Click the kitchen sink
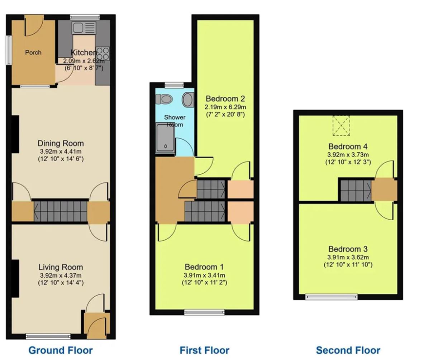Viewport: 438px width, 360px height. tap(84, 28)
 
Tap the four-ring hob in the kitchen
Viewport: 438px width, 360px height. tap(103, 54)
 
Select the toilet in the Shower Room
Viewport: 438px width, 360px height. tap(164, 99)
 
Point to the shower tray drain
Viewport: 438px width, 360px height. tap(166, 147)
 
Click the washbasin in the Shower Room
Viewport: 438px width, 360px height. tap(188, 100)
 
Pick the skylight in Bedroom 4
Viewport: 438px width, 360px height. tap(341, 126)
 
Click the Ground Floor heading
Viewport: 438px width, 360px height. tap(61, 350)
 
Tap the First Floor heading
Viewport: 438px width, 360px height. tap(204, 350)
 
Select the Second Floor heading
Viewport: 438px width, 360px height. tap(348, 350)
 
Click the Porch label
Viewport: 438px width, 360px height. tap(33, 53)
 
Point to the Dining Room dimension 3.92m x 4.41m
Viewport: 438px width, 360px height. tap(61, 152)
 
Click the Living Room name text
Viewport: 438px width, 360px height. tap(61, 267)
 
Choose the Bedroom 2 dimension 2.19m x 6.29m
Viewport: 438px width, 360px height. tap(225, 107)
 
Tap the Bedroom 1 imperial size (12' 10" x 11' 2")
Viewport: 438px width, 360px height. tap(205, 283)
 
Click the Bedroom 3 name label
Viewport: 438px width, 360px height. tap(348, 249)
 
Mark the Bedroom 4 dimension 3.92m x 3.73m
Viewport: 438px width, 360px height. tap(348, 155)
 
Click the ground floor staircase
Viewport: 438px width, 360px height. tap(60, 211)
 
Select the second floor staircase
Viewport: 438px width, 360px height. tap(356, 191)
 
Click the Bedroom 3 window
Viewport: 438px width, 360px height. tap(332, 297)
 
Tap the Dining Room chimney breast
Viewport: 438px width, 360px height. tap(15, 135)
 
